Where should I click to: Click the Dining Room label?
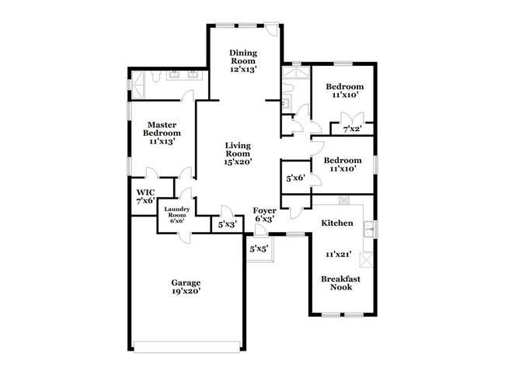tap(243, 57)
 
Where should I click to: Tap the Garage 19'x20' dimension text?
tap(186, 291)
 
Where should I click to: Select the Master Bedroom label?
tap(162, 129)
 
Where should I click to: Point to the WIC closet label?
tap(145, 192)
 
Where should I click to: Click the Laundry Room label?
tap(177, 212)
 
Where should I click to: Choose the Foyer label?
tap(264, 211)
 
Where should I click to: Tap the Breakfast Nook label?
tap(341, 283)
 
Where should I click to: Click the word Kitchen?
tap(337, 223)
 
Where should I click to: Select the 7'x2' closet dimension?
tap(353, 130)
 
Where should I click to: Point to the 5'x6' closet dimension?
tap(296, 178)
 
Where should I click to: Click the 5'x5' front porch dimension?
tap(259, 248)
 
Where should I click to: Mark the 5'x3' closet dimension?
tap(228, 224)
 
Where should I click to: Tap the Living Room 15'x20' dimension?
tap(238, 162)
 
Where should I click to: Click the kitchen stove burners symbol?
tap(344, 199)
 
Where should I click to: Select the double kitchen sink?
tap(367, 229)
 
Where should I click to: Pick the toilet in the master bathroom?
tap(156, 76)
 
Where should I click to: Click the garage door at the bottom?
tap(187, 347)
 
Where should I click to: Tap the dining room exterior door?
tap(271, 29)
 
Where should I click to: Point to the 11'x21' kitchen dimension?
tap(338, 254)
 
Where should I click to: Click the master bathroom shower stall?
tap(139, 85)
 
